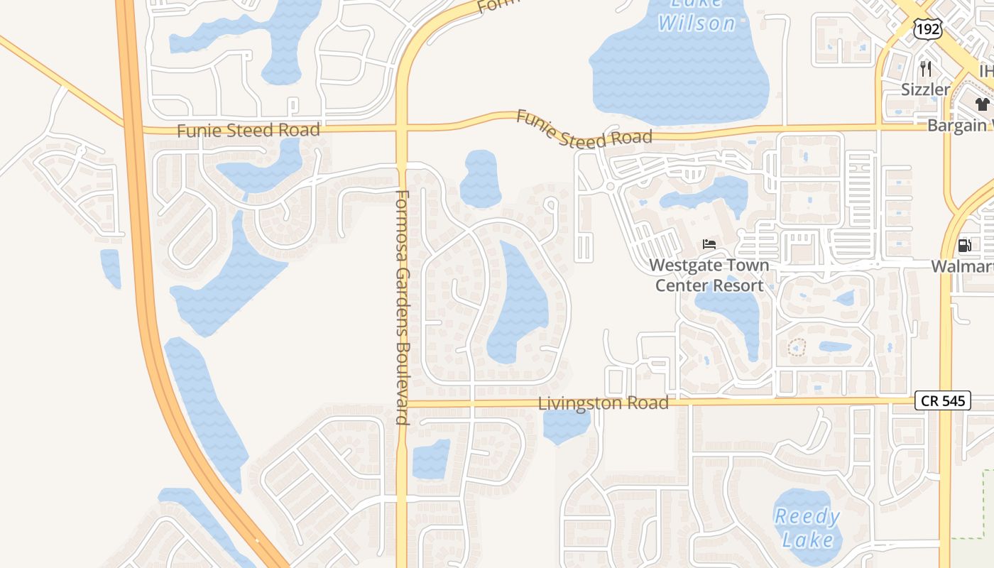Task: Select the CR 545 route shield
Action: coord(942,400)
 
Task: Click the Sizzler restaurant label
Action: coord(925,89)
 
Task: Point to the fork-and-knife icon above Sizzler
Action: coord(925,69)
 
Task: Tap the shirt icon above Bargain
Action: coord(982,105)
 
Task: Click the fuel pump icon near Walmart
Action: coord(964,246)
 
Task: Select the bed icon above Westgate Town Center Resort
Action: coord(709,244)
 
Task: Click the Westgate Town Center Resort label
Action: coord(709,275)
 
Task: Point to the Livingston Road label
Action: coord(603,403)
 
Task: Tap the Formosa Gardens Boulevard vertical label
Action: coord(403,307)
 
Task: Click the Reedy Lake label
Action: coord(807,528)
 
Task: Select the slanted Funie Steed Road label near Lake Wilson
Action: coord(584,129)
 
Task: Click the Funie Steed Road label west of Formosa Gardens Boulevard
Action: coord(248,131)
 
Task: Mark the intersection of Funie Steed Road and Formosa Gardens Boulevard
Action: coord(402,129)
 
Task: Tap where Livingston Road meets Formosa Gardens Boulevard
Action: coord(403,404)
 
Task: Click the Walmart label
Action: coord(962,266)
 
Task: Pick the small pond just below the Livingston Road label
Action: coord(566,425)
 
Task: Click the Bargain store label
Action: coord(959,126)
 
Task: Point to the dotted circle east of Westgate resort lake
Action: coord(797,348)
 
